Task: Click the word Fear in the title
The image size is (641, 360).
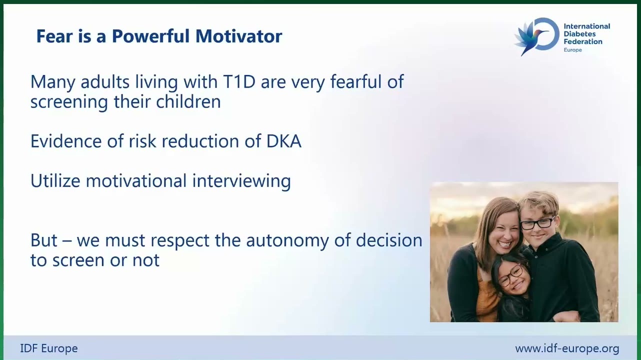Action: click(x=54, y=36)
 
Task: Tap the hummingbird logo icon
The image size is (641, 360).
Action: click(x=536, y=36)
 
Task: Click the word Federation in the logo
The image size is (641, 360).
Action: click(x=583, y=41)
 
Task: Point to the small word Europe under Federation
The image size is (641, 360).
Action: click(x=572, y=50)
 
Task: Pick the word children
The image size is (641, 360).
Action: click(x=188, y=101)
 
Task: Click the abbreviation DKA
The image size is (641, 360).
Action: click(x=284, y=141)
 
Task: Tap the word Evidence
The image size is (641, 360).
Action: click(x=66, y=141)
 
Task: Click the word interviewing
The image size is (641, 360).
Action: click(x=241, y=181)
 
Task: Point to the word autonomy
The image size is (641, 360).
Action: click(x=287, y=240)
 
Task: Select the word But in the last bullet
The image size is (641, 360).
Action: click(x=44, y=240)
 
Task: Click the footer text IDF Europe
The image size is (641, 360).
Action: click(x=49, y=348)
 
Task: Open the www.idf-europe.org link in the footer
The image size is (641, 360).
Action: click(x=567, y=348)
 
